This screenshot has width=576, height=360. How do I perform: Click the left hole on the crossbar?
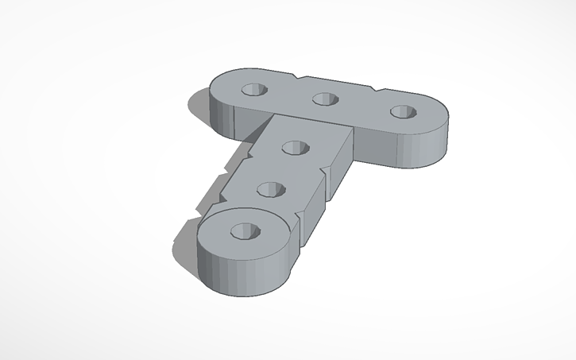[x=256, y=89]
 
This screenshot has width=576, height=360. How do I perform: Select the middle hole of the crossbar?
[x=323, y=99]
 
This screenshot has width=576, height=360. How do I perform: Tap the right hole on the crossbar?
[x=402, y=111]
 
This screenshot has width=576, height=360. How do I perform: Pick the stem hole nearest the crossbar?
[x=296, y=148]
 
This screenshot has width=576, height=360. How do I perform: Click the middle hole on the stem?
[x=273, y=189]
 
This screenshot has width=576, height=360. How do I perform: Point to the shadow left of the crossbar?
[x=197, y=108]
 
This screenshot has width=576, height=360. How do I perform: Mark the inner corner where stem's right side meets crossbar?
[x=352, y=131]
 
